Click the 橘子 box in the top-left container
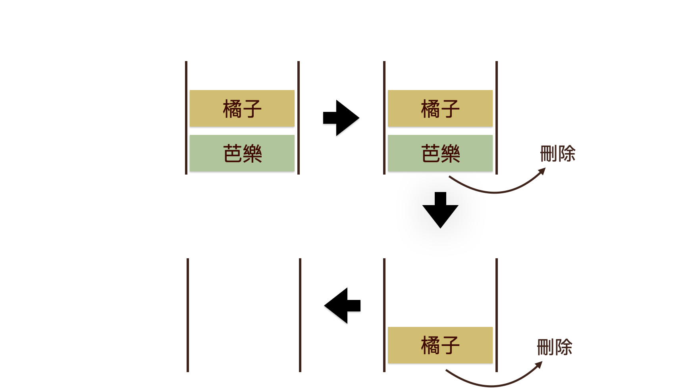point(242,108)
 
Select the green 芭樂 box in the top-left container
point(242,153)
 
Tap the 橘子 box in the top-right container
point(440,108)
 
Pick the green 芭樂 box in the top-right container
point(440,153)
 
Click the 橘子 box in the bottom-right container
point(440,345)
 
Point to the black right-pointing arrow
point(342,118)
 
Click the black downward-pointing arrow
point(440,211)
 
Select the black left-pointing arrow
point(342,305)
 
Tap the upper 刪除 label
point(557,154)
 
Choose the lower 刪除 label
point(554,347)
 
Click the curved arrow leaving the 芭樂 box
point(496,192)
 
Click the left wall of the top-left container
point(186,118)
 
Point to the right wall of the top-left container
point(299,118)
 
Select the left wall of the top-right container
point(384,118)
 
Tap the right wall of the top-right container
point(497,118)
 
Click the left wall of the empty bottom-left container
point(188,315)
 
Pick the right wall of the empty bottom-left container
point(300,315)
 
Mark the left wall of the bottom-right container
point(384,315)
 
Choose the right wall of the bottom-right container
point(497,315)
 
